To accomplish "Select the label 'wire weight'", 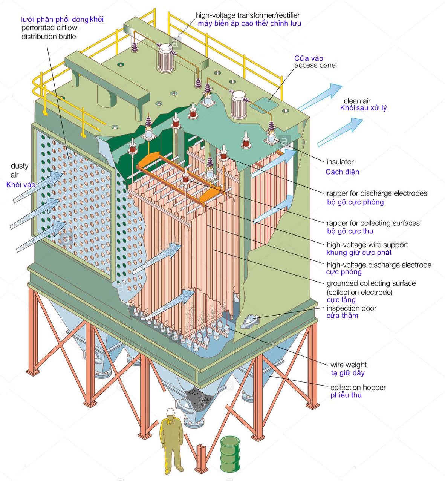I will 348,365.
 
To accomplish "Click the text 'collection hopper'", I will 358,387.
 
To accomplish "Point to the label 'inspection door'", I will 351,308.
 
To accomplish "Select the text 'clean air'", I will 357,101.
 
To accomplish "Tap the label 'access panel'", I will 315,65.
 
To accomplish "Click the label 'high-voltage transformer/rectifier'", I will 248,15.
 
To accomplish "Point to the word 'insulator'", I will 339,162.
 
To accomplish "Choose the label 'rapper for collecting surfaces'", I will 373,223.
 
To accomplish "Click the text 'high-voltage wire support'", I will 367,245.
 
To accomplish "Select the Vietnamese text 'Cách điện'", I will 342,172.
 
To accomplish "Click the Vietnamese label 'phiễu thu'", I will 346,395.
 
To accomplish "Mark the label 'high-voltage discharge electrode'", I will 379,265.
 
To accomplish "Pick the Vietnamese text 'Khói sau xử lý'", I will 363,108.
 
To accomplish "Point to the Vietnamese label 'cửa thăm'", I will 342,316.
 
